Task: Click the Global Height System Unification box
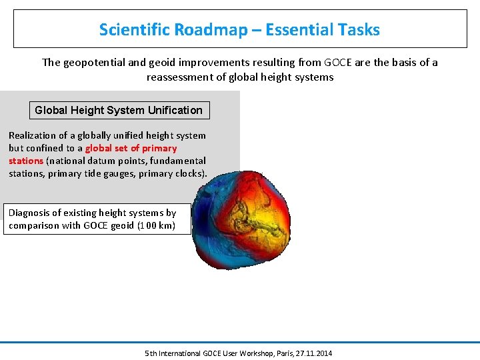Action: pos(119,110)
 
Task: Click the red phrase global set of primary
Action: pos(131,148)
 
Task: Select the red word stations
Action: pos(25,161)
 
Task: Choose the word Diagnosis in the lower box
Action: pos(30,213)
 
